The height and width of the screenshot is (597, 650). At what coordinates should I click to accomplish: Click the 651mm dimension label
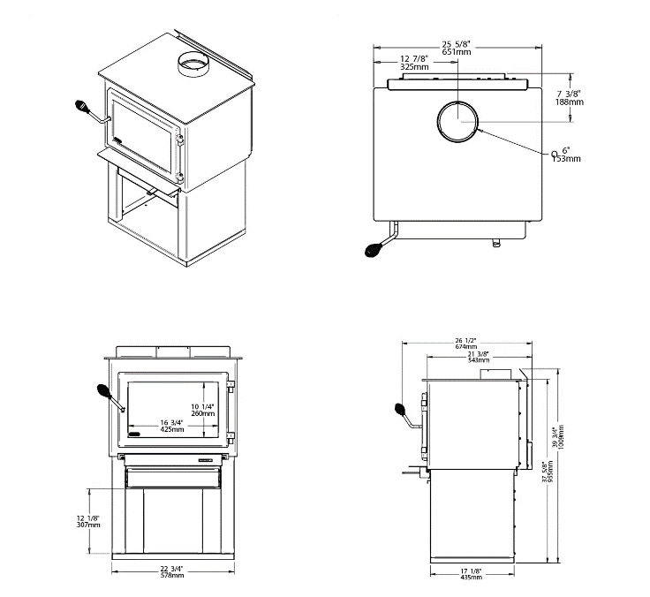[458, 52]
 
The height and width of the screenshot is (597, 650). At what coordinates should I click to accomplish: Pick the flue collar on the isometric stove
[192, 64]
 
